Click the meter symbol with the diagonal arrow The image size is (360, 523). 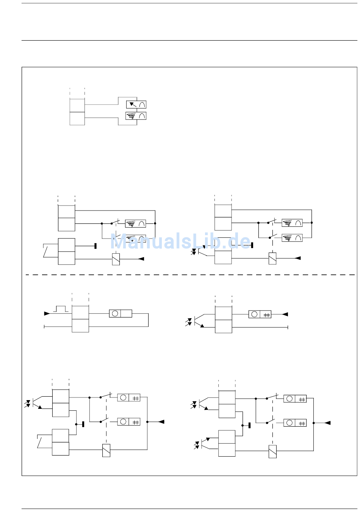[136, 104]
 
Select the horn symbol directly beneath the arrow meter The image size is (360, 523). [136, 116]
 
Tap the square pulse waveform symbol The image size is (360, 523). [61, 309]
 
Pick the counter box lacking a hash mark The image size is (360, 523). [121, 313]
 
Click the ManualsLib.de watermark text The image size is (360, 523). [180, 241]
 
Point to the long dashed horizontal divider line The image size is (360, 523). [190, 275]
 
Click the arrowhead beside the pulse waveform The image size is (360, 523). [47, 314]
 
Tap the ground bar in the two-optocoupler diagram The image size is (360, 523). [249, 426]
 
